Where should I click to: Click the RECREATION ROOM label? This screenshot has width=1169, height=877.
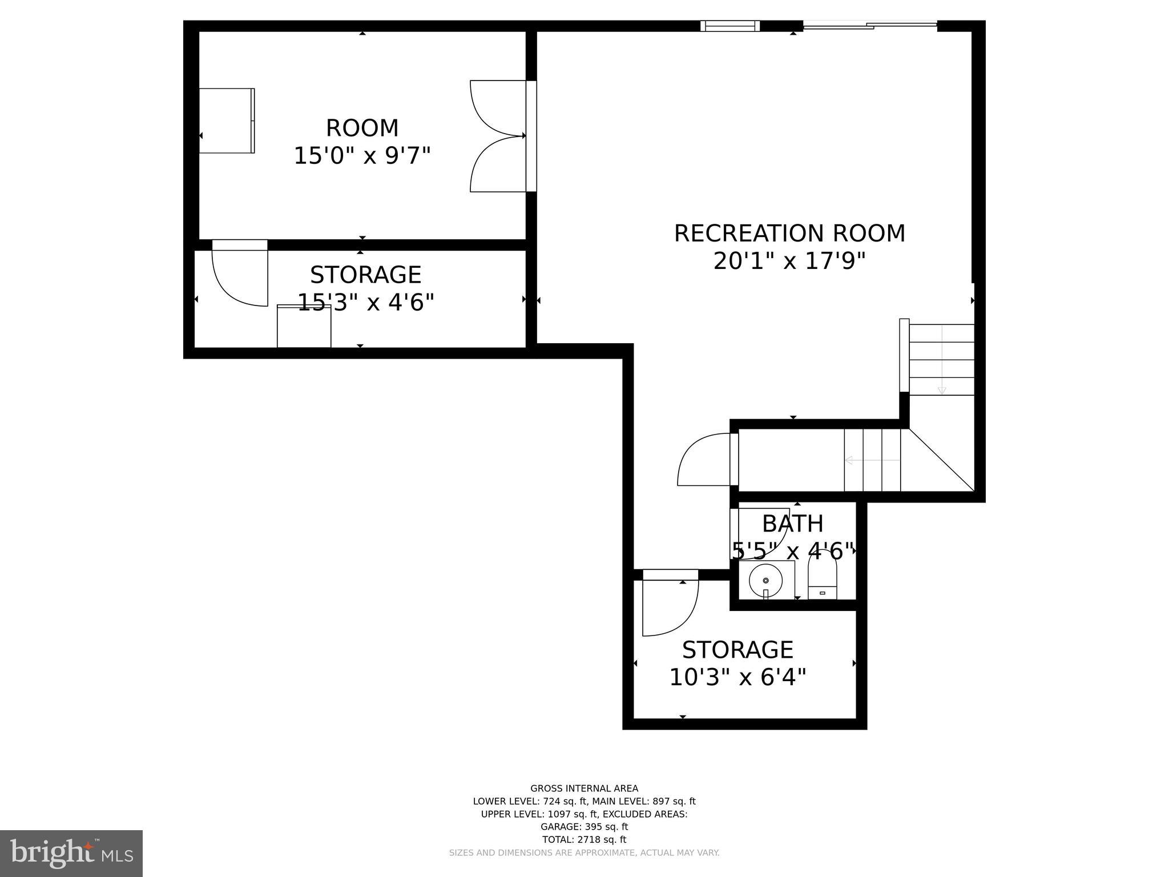[789, 234]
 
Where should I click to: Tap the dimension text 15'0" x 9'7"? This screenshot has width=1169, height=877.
[362, 155]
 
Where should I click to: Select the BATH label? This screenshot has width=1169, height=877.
[793, 524]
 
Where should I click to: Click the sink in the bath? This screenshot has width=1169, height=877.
[765, 580]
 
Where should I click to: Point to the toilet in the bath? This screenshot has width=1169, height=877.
[822, 577]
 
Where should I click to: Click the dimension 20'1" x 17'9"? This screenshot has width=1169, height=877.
[789, 262]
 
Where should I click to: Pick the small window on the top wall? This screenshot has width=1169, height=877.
[730, 26]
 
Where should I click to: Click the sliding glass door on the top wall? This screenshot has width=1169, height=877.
[870, 25]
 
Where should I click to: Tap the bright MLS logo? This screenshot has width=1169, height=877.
[71, 853]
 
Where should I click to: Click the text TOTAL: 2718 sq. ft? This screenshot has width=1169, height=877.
[584, 839]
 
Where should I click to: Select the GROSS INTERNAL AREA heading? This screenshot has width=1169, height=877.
[584, 789]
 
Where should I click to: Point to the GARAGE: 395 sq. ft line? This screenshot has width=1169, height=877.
[584, 827]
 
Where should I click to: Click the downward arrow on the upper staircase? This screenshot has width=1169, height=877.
[941, 391]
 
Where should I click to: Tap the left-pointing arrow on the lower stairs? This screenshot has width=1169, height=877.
[849, 460]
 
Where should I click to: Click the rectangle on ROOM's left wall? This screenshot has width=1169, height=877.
[227, 120]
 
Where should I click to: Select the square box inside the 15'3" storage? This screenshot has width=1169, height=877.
[304, 327]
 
